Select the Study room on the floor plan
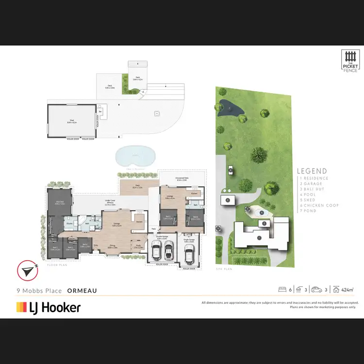[x=138, y=247]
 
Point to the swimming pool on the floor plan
[x=136, y=156]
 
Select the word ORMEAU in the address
[x=82, y=291]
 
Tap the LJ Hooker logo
[x=48, y=307]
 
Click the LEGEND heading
[x=312, y=171]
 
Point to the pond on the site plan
[x=226, y=106]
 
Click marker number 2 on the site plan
[x=227, y=200]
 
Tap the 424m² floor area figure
[x=347, y=290]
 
